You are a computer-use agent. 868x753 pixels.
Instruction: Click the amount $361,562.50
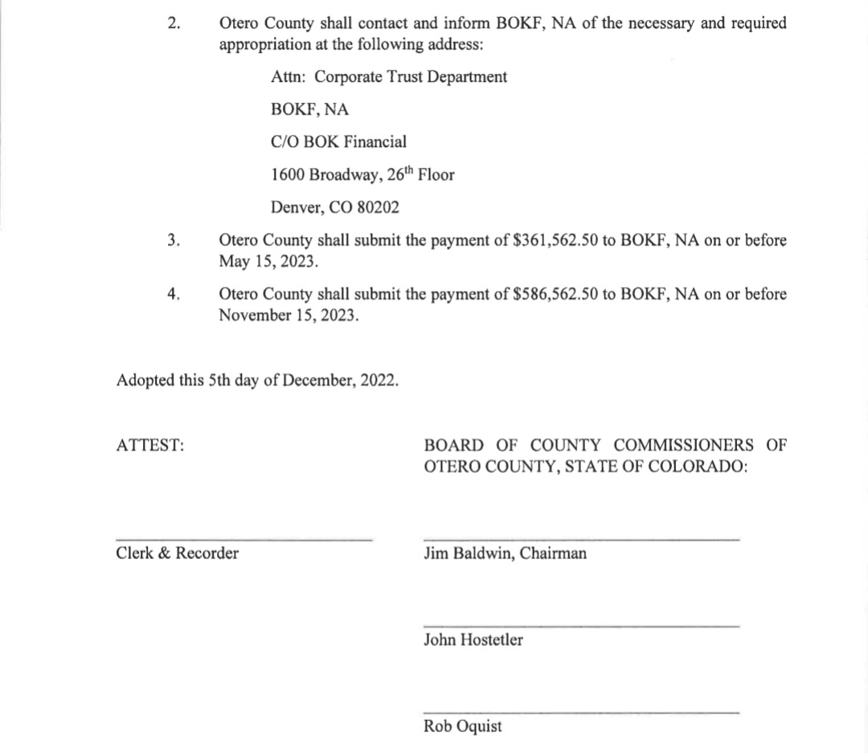pyautogui.click(x=555, y=241)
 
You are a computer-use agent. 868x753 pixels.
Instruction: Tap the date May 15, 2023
pyautogui.click(x=268, y=261)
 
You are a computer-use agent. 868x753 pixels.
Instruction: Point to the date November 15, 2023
pyautogui.click(x=289, y=315)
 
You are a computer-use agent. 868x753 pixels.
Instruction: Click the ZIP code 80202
pyautogui.click(x=378, y=207)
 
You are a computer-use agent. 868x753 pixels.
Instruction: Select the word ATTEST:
pyautogui.click(x=150, y=445)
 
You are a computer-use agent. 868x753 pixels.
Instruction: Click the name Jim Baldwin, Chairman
pyautogui.click(x=505, y=553)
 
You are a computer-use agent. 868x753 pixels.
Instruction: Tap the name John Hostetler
pyautogui.click(x=473, y=640)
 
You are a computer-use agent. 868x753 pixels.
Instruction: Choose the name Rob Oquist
pyautogui.click(x=463, y=726)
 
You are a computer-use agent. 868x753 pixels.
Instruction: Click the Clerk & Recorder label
pyautogui.click(x=178, y=553)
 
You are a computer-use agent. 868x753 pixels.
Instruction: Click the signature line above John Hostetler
pyautogui.click(x=580, y=626)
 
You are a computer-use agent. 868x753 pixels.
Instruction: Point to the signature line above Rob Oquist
pyautogui.click(x=580, y=712)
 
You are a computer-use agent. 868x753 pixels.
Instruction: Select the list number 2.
pyautogui.click(x=174, y=23)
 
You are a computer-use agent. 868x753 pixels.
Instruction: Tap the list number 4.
pyautogui.click(x=174, y=294)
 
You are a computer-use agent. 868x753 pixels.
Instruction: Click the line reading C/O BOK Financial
pyautogui.click(x=338, y=142)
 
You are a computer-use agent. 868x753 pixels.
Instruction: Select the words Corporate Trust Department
pyautogui.click(x=411, y=77)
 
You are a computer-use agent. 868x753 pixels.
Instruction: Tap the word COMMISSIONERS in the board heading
pyautogui.click(x=684, y=445)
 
